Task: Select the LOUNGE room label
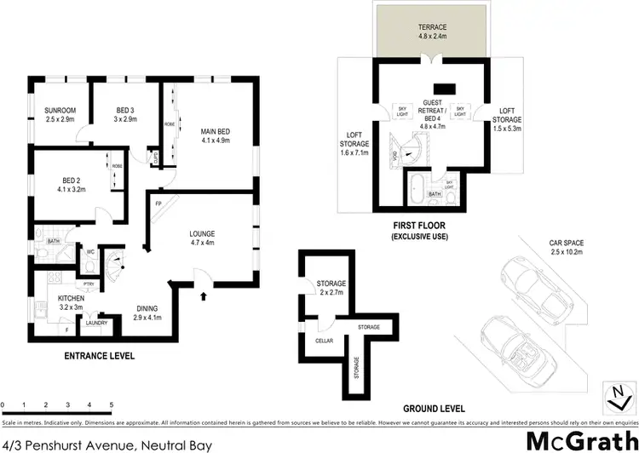[201, 233]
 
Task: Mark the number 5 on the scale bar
[112, 404]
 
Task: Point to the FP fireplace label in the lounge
[158, 203]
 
